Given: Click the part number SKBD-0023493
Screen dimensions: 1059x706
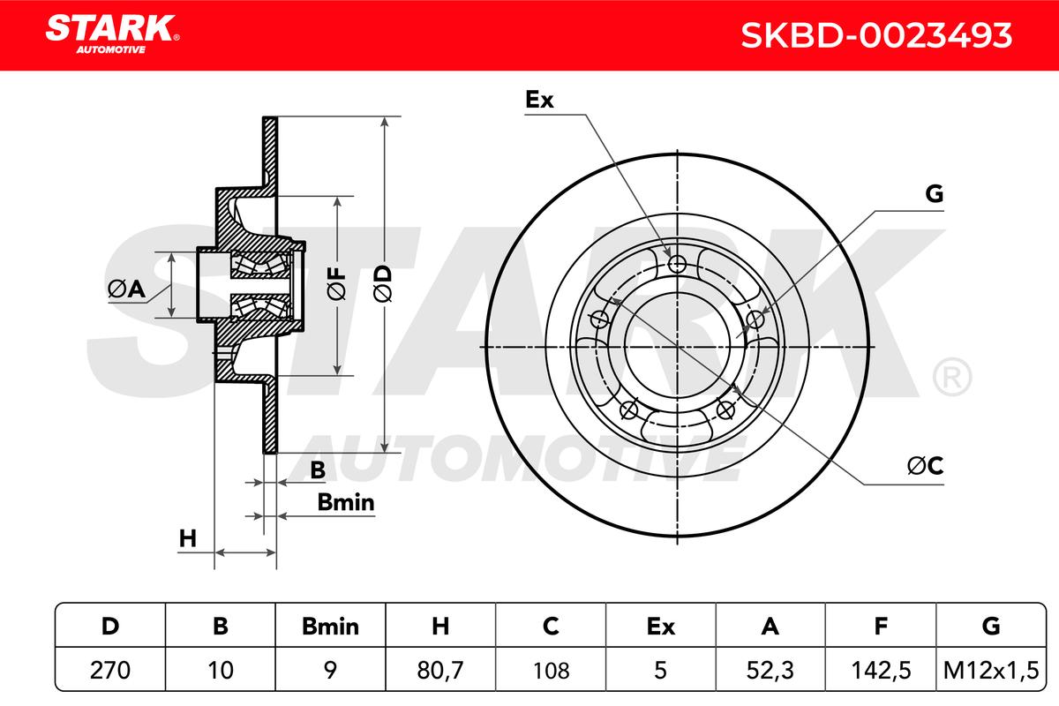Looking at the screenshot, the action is [x=876, y=35].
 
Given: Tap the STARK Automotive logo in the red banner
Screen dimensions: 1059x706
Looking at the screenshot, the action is [x=112, y=34].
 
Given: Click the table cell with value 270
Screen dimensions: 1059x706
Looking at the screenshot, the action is [x=110, y=670].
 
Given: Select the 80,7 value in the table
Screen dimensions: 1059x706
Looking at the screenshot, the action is [x=440, y=670].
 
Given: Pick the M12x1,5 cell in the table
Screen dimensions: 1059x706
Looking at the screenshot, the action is [x=991, y=670].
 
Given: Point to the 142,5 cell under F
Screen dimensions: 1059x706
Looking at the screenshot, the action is [x=881, y=670].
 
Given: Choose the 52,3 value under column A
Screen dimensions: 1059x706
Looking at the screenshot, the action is [x=770, y=670].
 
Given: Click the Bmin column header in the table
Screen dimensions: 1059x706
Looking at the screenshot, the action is [x=330, y=626].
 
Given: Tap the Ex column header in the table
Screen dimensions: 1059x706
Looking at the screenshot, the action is [x=660, y=626].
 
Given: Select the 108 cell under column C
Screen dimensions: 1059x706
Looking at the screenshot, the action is [x=551, y=670].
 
